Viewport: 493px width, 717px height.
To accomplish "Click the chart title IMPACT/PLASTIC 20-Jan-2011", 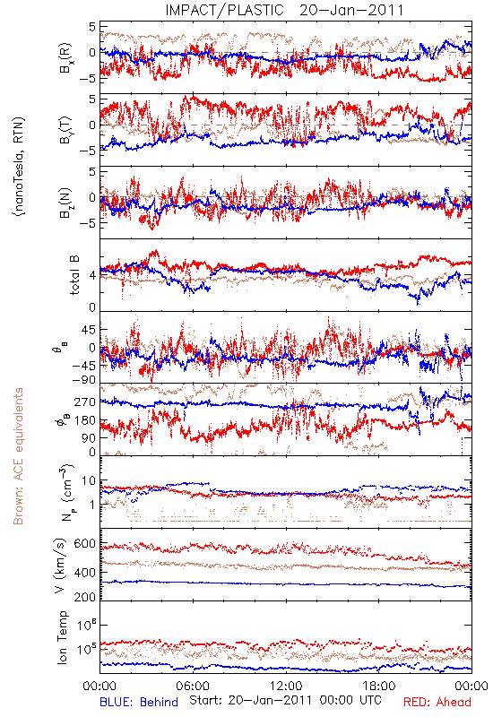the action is [x=284, y=10].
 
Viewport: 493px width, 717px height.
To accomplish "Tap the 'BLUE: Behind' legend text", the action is [x=139, y=702].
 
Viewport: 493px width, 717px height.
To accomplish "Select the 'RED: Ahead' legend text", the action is [x=437, y=702].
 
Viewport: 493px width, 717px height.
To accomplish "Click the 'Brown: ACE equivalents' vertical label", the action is [x=18, y=456].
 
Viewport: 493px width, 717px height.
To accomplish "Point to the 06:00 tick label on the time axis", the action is [x=193, y=686].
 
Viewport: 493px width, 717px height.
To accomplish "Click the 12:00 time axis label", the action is [x=286, y=686].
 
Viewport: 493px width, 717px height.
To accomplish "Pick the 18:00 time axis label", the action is [x=379, y=686].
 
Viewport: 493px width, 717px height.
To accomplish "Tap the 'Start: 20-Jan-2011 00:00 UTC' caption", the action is [x=285, y=700].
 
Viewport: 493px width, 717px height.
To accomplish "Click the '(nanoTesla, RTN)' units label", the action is [x=20, y=167].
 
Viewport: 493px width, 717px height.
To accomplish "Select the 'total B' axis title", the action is [x=74, y=274].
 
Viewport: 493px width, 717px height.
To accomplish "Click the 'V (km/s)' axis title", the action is [x=60, y=566].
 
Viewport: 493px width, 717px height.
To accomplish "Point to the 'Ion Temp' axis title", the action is [x=62, y=637].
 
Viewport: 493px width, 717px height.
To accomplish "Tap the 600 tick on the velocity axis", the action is [x=84, y=544].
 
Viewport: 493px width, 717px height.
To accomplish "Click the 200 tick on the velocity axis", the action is [x=84, y=596].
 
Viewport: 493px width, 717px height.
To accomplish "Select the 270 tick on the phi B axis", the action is [x=85, y=402].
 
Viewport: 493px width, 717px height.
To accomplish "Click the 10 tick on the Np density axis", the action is [x=89, y=480].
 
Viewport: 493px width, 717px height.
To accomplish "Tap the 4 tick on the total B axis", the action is [x=92, y=275].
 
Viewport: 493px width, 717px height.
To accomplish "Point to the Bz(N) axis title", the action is [x=65, y=203].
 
